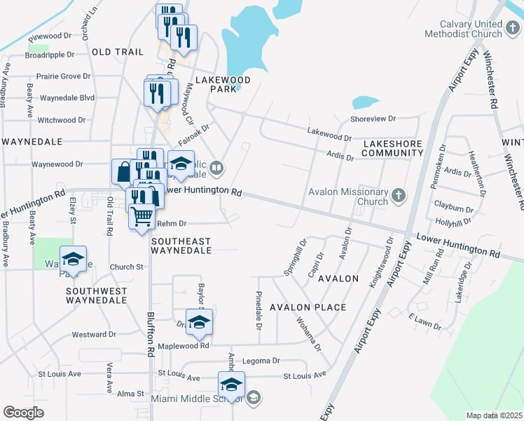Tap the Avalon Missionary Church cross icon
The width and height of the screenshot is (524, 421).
[399, 194]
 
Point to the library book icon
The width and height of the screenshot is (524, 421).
[217, 168]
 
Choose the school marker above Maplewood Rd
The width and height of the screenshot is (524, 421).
[199, 321]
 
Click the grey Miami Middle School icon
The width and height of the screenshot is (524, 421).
[254, 398]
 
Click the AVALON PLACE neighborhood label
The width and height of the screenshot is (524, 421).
[308, 307]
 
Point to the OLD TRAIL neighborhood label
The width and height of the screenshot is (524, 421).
[117, 52]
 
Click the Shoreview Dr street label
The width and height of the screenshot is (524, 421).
[373, 119]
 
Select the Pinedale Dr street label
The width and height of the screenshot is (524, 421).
[258, 311]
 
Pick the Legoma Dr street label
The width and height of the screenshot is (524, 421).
[261, 361]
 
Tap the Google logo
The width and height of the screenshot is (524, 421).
[24, 412]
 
